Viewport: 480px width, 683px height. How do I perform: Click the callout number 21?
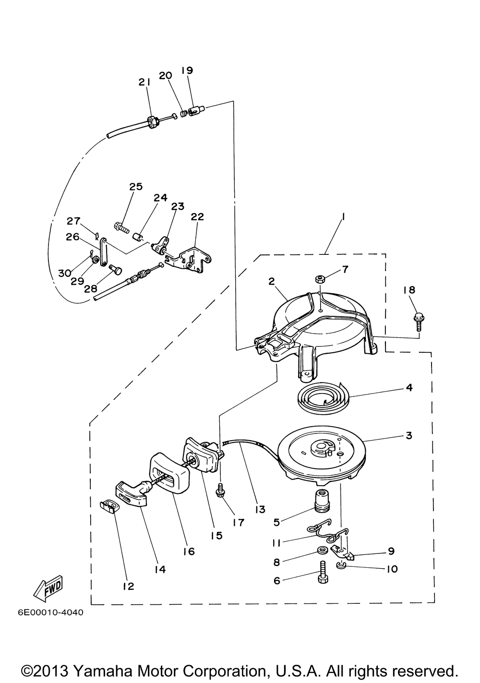144,83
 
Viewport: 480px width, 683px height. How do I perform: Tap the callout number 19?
187,71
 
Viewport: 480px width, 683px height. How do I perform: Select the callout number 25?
136,187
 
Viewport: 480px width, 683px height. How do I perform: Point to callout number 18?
409,290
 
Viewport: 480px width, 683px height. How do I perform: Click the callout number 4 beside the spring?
409,387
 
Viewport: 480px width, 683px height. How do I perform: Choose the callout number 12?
129,586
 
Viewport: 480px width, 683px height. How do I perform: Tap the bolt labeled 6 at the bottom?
323,573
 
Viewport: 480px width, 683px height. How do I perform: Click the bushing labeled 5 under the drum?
323,502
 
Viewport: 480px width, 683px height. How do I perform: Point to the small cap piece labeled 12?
109,507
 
